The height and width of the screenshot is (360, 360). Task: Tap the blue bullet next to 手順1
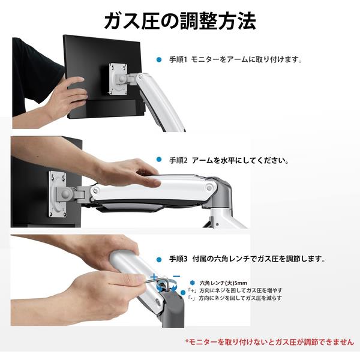[x=159, y=59]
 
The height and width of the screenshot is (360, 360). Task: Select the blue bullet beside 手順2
[x=159, y=160]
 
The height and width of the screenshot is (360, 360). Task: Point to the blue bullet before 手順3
[x=159, y=260]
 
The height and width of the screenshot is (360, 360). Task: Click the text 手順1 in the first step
[x=178, y=59]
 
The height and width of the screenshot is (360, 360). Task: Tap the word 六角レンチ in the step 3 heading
[x=232, y=259]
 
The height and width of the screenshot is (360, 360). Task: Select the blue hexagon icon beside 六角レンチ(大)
[x=193, y=283]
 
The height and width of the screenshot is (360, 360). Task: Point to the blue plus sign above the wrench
[x=154, y=277]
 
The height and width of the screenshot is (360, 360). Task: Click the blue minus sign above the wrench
[x=176, y=276]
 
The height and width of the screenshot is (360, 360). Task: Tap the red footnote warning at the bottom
[x=270, y=342]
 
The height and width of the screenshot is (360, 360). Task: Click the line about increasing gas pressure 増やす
[x=235, y=290]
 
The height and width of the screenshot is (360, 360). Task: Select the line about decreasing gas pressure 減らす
[x=235, y=298]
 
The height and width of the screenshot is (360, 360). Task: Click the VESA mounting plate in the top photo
[x=118, y=79]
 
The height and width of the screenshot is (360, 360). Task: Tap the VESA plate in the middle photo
[x=57, y=194]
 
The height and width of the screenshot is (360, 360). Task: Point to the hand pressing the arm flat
[x=128, y=172]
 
